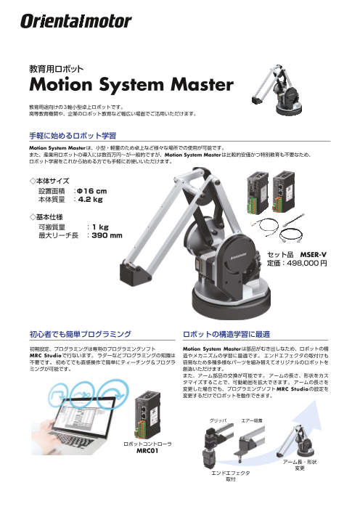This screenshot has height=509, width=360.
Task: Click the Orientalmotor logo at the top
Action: click(76, 22)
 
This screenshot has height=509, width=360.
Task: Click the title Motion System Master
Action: click(131, 84)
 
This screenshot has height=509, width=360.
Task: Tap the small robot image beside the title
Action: click(277, 89)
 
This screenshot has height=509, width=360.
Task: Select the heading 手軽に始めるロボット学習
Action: click(73, 136)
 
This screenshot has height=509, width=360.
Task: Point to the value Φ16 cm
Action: click(92, 191)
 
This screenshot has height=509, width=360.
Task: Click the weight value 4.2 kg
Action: click(90, 199)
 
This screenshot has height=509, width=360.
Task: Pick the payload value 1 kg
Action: click(100, 227)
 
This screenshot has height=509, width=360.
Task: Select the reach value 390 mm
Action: click(107, 235)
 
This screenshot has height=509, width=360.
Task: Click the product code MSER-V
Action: click(313, 254)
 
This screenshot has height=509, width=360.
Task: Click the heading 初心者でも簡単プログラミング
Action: click(80, 334)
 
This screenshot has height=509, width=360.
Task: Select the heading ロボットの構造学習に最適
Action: click(226, 334)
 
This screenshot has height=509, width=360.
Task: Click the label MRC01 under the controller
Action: click(147, 451)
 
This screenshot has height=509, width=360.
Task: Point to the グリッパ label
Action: click(218, 420)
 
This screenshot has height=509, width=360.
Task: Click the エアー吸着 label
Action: click(252, 420)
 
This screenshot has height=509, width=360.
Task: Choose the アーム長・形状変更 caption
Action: click(300, 465)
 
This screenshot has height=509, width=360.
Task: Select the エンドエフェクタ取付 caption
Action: click(231, 476)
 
